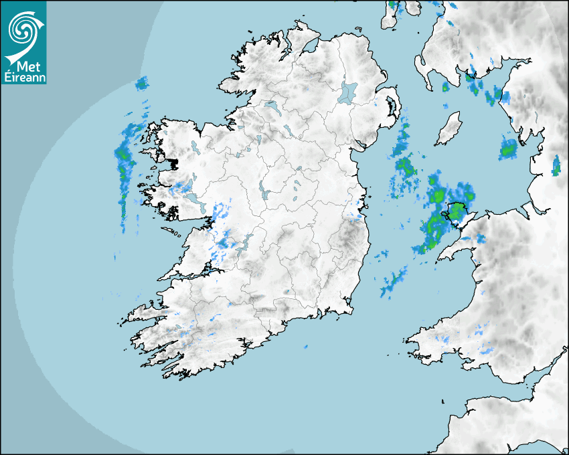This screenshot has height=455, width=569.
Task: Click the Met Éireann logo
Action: pyautogui.click(x=23, y=41)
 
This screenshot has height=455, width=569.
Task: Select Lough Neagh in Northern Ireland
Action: pyautogui.click(x=348, y=92)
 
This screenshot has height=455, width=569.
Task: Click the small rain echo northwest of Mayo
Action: pyautogui.click(x=141, y=84)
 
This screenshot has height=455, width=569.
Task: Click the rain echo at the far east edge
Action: pyautogui.click(x=556, y=165)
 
